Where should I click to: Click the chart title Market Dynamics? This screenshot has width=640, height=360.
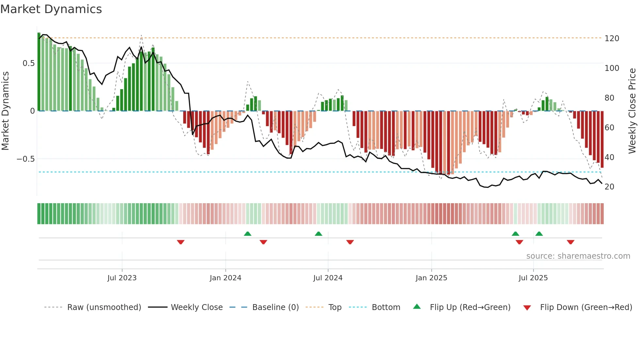[51, 9]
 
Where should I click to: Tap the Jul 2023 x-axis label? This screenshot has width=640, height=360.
[122, 278]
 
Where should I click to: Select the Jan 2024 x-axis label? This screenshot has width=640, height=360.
[225, 278]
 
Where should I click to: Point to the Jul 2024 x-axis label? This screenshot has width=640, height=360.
[328, 278]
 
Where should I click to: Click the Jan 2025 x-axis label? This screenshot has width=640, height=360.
[431, 278]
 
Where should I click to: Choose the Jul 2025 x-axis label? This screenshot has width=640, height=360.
[533, 278]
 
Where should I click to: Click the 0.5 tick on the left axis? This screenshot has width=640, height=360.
[28, 63]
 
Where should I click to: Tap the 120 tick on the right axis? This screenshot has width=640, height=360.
[612, 39]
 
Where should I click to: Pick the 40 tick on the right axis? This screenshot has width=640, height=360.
[609, 157]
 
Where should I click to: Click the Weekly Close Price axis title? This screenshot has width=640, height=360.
[632, 111]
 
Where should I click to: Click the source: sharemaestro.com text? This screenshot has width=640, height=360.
[578, 256]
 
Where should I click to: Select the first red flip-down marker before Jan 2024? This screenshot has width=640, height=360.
[181, 242]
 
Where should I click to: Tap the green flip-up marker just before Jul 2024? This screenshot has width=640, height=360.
[318, 234]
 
